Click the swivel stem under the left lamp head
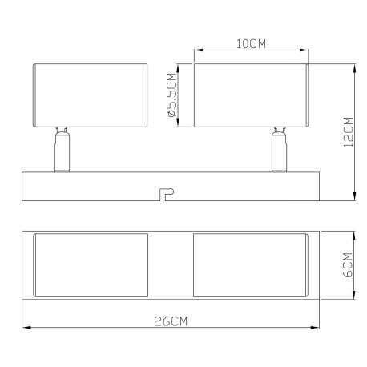click(61, 148)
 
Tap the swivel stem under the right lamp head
click(280, 148)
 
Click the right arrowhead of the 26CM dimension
click(317, 327)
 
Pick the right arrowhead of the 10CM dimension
click(306, 51)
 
